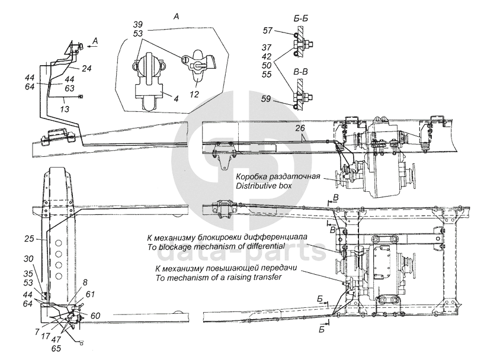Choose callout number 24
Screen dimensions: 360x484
(86, 69)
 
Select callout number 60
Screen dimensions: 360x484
(95, 315)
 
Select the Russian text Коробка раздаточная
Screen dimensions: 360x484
(278, 177)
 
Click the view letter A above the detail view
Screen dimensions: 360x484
(174, 18)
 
